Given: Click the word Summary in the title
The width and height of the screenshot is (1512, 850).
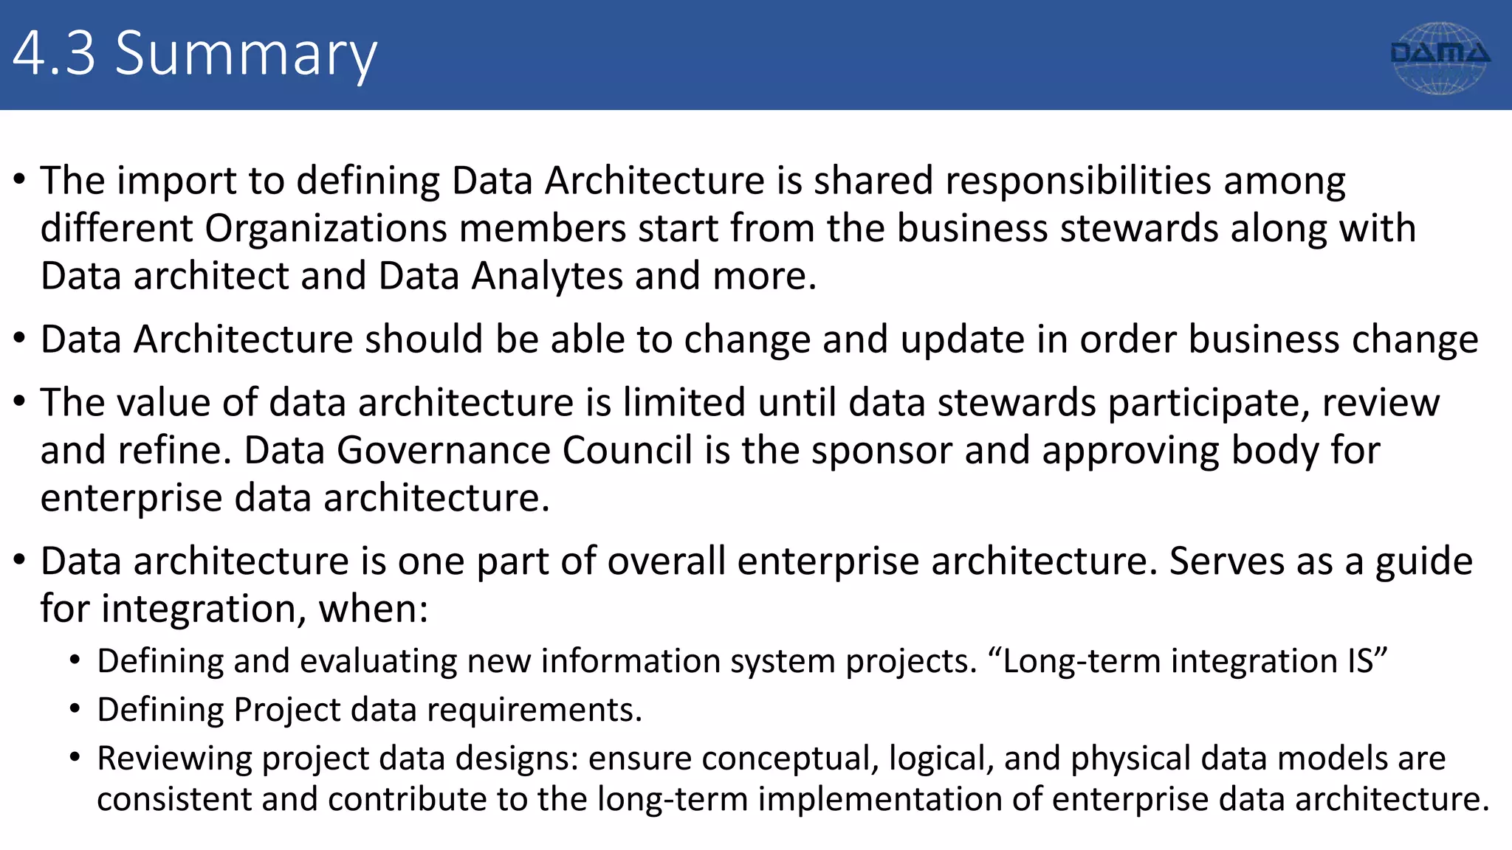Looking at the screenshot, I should pyautogui.click(x=246, y=55).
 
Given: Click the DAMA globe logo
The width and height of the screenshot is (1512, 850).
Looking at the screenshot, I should pyautogui.click(x=1439, y=58).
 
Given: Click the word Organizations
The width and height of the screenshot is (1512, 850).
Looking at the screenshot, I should pyautogui.click(x=326, y=229).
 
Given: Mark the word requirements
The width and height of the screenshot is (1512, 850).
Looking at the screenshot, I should pyautogui.click(x=535, y=710).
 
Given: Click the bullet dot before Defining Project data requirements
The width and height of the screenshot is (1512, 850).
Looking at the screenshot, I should pyautogui.click(x=75, y=709).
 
